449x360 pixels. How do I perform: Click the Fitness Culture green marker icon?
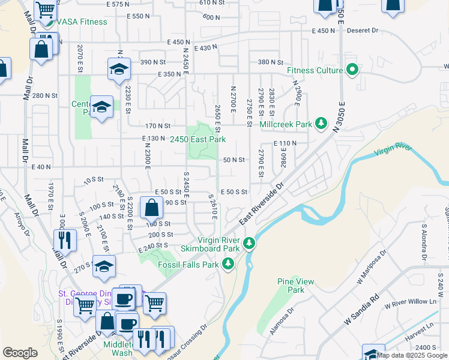pos(352,71)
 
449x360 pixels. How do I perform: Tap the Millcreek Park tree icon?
pos(322,124)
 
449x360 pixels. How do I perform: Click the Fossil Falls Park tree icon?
pos(228,264)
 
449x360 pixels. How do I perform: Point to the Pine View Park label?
pos(292,286)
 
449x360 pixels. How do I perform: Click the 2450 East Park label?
pos(197,139)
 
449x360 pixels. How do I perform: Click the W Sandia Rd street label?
pos(362,311)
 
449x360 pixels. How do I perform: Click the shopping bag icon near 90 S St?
pos(151,208)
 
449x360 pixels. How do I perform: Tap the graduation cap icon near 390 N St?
pos(119,69)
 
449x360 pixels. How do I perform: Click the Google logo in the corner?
pos(20,353)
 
